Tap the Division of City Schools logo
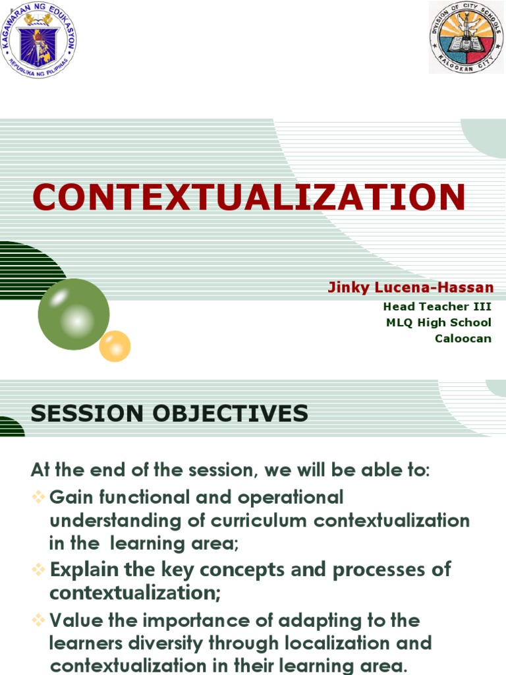(466, 37)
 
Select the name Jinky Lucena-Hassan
(410, 288)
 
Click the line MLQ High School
(438, 322)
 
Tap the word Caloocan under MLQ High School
(463, 339)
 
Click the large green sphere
(73, 314)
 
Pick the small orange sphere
(115, 345)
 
